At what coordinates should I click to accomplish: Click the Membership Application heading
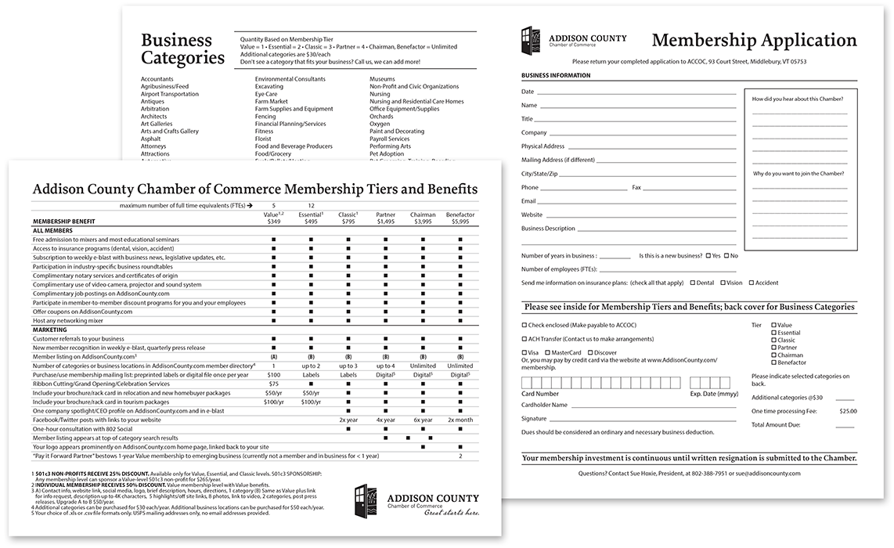pyautogui.click(x=754, y=41)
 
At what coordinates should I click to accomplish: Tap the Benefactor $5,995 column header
pyautogui.click(x=460, y=218)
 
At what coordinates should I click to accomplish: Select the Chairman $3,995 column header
pyautogui.click(x=423, y=218)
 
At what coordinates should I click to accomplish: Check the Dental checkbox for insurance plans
pyautogui.click(x=691, y=283)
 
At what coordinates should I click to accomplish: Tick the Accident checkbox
pyautogui.click(x=752, y=283)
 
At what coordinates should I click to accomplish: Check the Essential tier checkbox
pyautogui.click(x=774, y=333)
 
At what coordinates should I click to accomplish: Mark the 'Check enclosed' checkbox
pyautogui.click(x=525, y=325)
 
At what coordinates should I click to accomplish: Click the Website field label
pyautogui.click(x=532, y=215)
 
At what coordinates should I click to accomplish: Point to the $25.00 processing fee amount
pyautogui.click(x=848, y=411)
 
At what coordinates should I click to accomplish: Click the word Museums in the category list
pyautogui.click(x=383, y=79)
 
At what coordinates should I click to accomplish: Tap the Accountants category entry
pyautogui.click(x=157, y=79)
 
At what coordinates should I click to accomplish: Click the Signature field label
pyautogui.click(x=535, y=419)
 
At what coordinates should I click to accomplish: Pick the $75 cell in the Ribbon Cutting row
pyautogui.click(x=273, y=384)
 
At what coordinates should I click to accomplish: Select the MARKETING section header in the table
pyautogui.click(x=49, y=330)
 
